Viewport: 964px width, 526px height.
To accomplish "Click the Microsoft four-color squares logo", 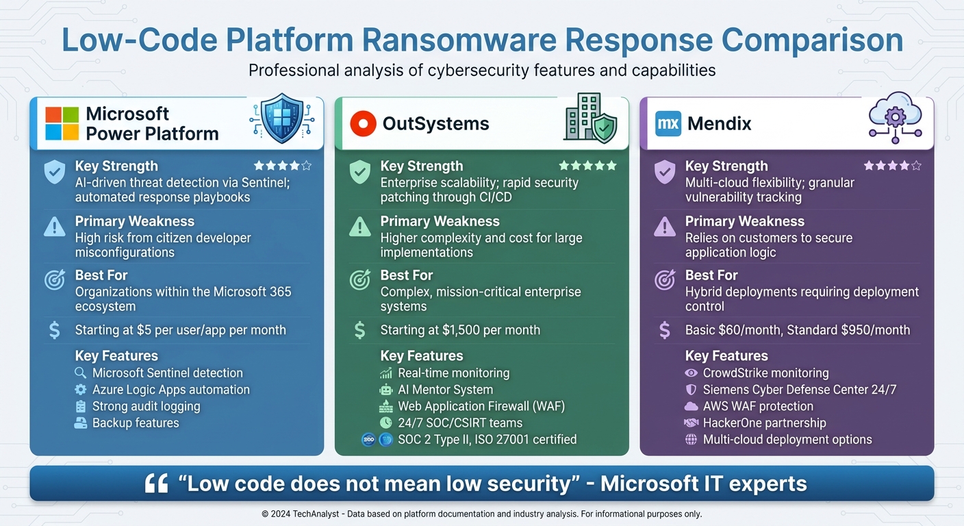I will pyautogui.click(x=62, y=124).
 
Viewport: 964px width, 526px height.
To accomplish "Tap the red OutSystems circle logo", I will pyautogui.click(x=363, y=124).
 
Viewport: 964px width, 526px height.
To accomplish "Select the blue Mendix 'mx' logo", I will pyautogui.click(x=668, y=124).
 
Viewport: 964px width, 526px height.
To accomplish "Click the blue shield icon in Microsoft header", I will pyautogui.click(x=282, y=120).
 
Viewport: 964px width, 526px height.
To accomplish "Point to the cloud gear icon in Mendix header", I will pyautogui.click(x=895, y=120).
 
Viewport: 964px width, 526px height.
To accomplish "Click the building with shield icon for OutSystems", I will pyautogui.click(x=589, y=118).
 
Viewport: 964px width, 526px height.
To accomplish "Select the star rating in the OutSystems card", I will pyautogui.click(x=587, y=166).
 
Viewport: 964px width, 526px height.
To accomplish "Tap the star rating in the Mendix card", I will pyautogui.click(x=892, y=166).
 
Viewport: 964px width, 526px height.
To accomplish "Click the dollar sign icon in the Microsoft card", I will pyautogui.click(x=55, y=330).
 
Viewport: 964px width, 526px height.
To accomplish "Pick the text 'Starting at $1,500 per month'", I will pyautogui.click(x=460, y=330).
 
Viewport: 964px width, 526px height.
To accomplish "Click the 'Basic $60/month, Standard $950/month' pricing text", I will pyautogui.click(x=798, y=330).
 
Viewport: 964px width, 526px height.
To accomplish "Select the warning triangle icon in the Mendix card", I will pyautogui.click(x=664, y=227).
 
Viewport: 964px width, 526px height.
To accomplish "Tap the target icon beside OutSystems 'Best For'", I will pyautogui.click(x=359, y=280).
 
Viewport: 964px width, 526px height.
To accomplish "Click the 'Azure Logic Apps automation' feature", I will pyautogui.click(x=170, y=390).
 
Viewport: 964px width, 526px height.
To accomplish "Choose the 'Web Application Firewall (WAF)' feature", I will pyautogui.click(x=481, y=406).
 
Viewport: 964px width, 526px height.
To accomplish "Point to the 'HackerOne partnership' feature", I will pyautogui.click(x=764, y=423).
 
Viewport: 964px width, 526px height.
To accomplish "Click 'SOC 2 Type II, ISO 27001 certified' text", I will pyautogui.click(x=487, y=440).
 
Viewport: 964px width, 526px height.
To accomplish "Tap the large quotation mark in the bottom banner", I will pyautogui.click(x=157, y=484).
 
